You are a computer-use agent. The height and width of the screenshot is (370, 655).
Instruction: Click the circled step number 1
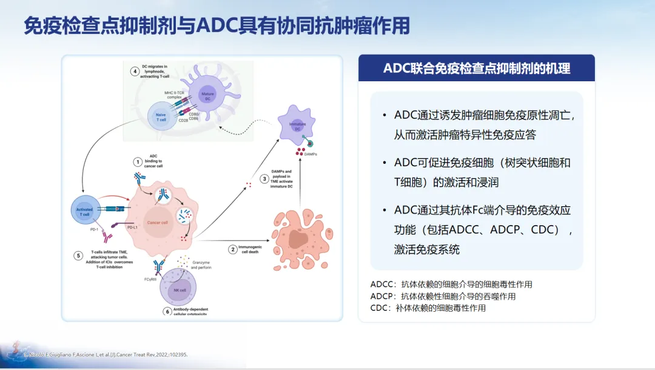pos(138,162)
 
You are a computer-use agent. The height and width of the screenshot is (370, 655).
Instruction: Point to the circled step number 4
pos(134,71)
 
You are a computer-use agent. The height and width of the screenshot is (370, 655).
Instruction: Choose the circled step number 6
pos(168,311)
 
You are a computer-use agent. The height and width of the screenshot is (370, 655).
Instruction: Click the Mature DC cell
pos(208,93)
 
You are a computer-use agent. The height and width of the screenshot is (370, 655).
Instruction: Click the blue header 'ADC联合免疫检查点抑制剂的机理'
pos(476,68)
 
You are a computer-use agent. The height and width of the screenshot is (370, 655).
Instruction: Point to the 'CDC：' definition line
pos(428,308)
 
